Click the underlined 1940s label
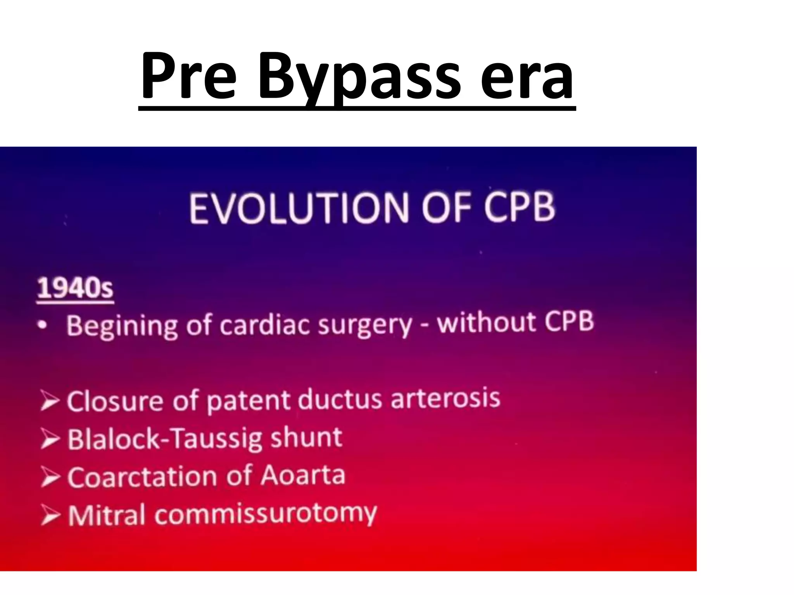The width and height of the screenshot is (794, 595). (x=75, y=289)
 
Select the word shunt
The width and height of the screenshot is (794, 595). (x=306, y=437)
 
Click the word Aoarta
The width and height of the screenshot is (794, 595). (x=303, y=475)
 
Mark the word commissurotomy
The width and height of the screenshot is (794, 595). (x=266, y=514)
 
